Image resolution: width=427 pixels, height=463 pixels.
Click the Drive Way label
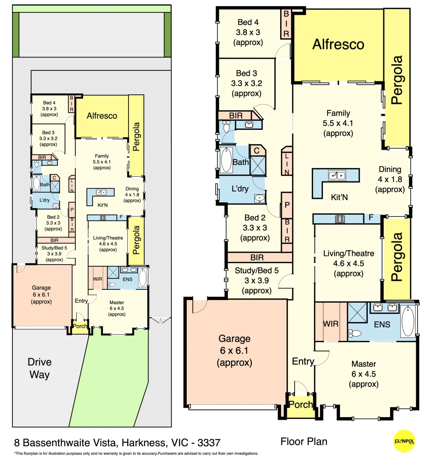(x=39, y=368)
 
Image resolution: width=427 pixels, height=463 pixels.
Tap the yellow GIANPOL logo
(x=404, y=441)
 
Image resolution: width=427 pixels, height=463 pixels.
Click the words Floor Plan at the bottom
(x=304, y=441)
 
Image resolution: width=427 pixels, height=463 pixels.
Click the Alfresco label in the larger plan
(x=338, y=44)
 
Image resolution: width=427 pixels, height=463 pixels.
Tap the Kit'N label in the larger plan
(x=340, y=198)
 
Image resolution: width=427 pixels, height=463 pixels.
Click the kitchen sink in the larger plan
(x=337, y=175)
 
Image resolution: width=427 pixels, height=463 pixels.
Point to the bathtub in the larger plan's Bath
(x=226, y=159)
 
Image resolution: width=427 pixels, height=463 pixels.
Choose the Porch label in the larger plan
(x=300, y=405)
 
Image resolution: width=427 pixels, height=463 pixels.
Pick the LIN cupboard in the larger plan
(x=287, y=161)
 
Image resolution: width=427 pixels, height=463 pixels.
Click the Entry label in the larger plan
(x=303, y=361)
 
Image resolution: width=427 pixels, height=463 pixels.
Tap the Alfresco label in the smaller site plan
(x=102, y=116)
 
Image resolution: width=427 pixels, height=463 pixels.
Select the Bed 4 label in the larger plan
(x=248, y=22)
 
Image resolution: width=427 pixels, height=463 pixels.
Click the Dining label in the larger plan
(x=390, y=169)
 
